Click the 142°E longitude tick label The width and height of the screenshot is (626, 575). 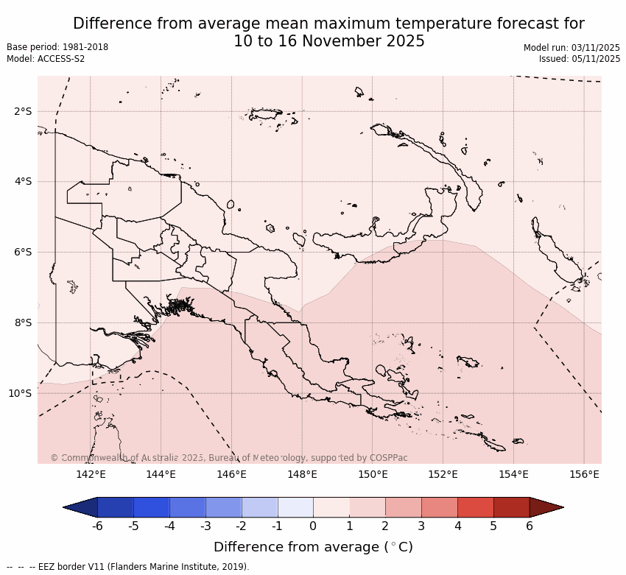tap(91, 474)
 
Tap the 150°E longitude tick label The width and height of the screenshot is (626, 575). tap(373, 474)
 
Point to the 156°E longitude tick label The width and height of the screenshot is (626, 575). tap(584, 474)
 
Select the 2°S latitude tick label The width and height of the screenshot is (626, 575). tap(23, 111)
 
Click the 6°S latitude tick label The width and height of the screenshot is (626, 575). tap(23, 252)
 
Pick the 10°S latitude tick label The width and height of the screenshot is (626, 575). tap(20, 393)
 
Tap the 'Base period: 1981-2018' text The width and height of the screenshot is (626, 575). tap(57, 47)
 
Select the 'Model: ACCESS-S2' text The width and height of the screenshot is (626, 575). tap(46, 59)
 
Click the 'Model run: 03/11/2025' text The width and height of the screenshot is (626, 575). tap(572, 47)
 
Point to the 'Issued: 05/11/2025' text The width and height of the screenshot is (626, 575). tap(580, 59)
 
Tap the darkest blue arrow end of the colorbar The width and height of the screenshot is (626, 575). tap(80, 507)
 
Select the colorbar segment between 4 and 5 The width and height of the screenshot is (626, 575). tap(475, 507)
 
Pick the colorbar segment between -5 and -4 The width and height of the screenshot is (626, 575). tap(151, 507)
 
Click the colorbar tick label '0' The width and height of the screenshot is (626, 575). tap(313, 526)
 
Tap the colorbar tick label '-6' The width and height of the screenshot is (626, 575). tap(96, 526)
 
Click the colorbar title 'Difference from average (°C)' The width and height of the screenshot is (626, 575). tap(313, 547)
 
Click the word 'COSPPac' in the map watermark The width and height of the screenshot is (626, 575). tap(388, 458)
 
